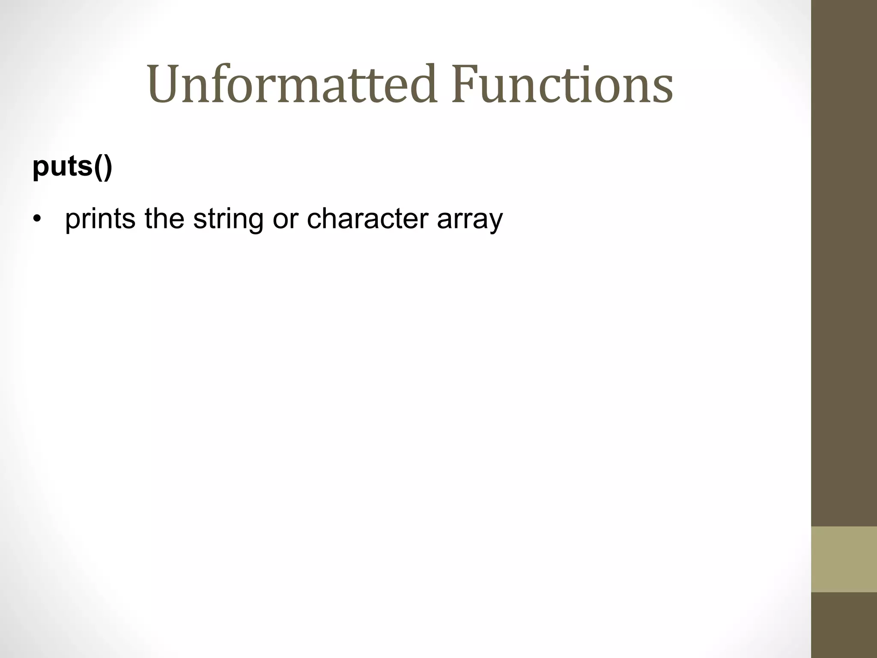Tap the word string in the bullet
[x=228, y=219]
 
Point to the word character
[x=367, y=219]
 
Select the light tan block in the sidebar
[x=844, y=559]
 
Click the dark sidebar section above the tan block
[x=844, y=257]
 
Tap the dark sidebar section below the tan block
[x=844, y=625]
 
